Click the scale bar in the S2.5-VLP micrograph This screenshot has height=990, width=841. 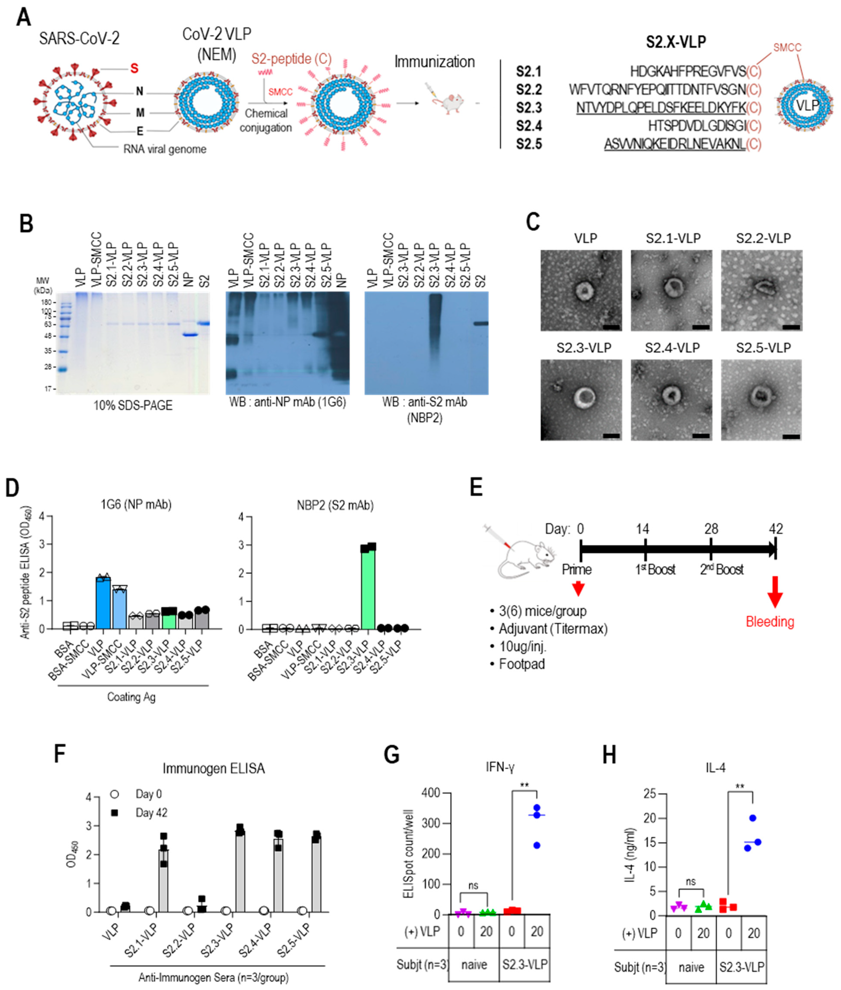791,436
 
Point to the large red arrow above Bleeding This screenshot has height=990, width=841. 775,591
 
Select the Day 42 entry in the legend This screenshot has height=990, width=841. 151,812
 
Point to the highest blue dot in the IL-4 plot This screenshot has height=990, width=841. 753,818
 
